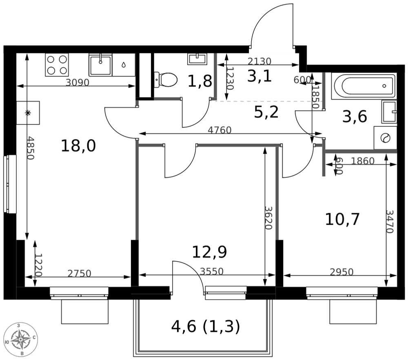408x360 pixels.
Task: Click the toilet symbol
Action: pyautogui.click(x=166, y=80)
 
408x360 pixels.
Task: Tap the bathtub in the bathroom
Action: pyautogui.click(x=364, y=86)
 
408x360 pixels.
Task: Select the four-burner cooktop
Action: pyautogui.click(x=57, y=65)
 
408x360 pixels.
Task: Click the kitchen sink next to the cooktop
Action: pyautogui.click(x=100, y=65)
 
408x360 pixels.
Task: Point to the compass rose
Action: pyautogui.click(x=21, y=340)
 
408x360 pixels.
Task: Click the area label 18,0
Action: pyautogui.click(x=78, y=146)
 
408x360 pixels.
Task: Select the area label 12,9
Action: pyautogui.click(x=209, y=252)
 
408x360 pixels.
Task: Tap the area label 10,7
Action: pyautogui.click(x=342, y=219)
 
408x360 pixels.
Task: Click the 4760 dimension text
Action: pyautogui.click(x=220, y=130)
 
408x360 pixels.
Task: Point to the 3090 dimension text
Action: pyautogui.click(x=78, y=82)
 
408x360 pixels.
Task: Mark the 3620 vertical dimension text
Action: pyautogui.click(x=268, y=218)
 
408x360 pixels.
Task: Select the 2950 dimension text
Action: pyautogui.click(x=341, y=272)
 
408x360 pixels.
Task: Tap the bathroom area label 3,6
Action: pyautogui.click(x=355, y=117)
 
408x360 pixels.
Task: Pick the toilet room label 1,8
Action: pyautogui.click(x=200, y=81)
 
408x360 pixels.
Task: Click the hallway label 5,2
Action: pyautogui.click(x=266, y=112)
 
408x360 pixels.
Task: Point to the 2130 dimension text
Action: pyautogui.click(x=259, y=61)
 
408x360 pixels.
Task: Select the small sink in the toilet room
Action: pyautogui.click(x=197, y=59)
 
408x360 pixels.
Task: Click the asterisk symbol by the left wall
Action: pyautogui.click(x=28, y=113)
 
